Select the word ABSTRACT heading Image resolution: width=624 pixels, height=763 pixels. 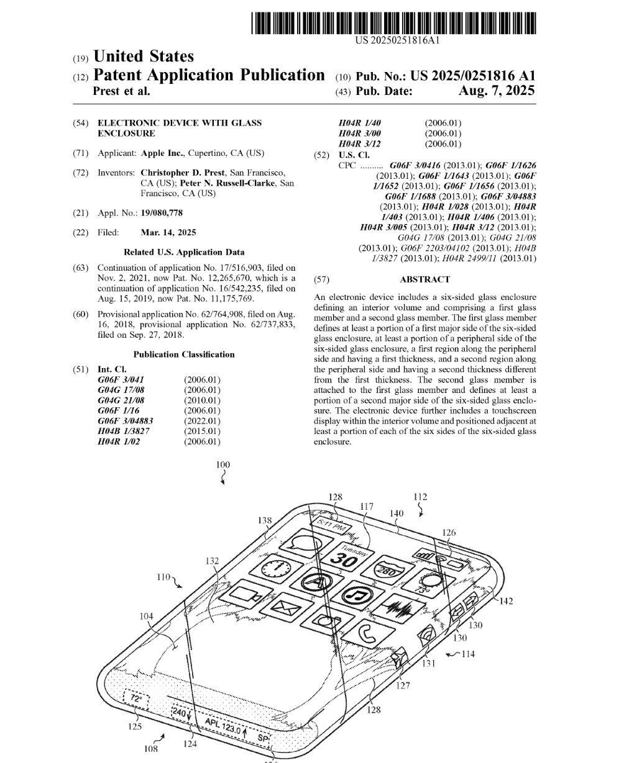pos(425,279)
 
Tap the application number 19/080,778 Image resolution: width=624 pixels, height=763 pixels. pos(162,213)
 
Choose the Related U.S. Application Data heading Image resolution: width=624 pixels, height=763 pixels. pos(184,252)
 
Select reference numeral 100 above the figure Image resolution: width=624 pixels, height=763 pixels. pos(223,465)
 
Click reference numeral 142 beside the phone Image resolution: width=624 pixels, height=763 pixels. pos(506,601)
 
